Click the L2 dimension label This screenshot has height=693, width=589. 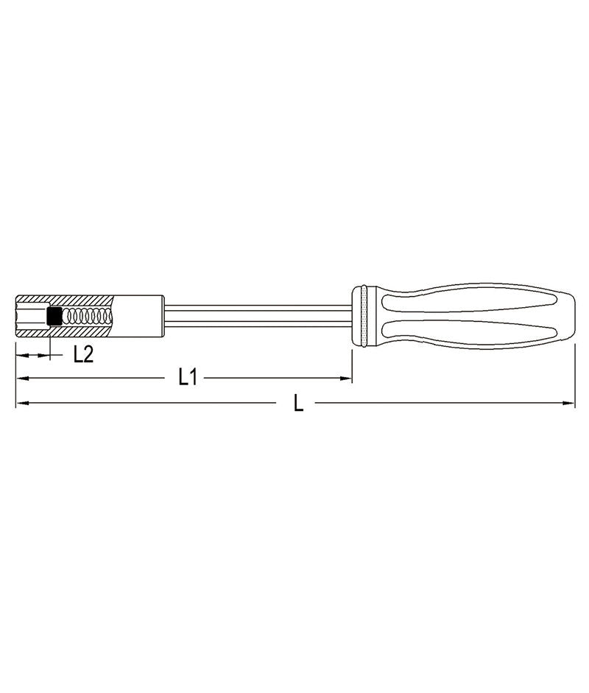(83, 354)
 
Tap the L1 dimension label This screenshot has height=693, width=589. (188, 379)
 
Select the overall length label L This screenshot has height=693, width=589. (298, 403)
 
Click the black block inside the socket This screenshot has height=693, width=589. (53, 316)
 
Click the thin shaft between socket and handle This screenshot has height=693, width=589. (258, 316)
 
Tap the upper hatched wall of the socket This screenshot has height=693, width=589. (81, 300)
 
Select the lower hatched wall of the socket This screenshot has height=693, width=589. (81, 332)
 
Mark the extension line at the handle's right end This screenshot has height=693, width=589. (574, 368)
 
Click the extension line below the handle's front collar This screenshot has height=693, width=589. (352, 365)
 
